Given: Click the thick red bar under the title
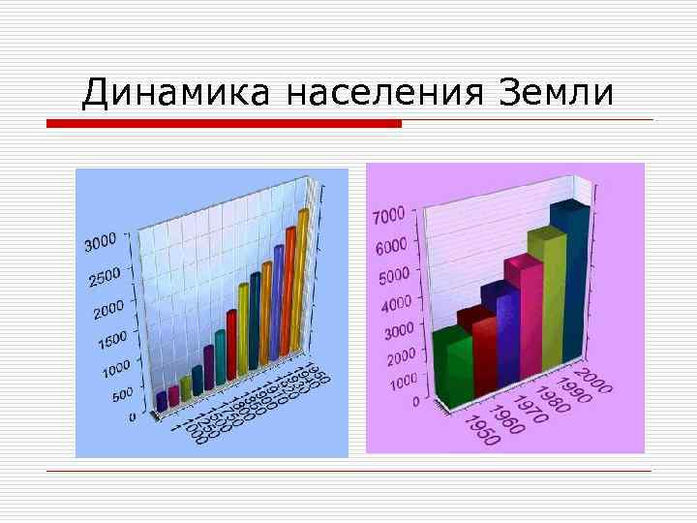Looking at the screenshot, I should pyautogui.click(x=225, y=124).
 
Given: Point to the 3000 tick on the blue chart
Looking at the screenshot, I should pyautogui.click(x=101, y=242).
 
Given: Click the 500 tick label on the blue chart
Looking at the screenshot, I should pyautogui.click(x=122, y=395).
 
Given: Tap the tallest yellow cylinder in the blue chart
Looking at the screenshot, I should pyautogui.click(x=303, y=281).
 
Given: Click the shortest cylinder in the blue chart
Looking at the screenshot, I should pyautogui.click(x=161, y=400).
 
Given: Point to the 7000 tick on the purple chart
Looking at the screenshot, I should pyautogui.click(x=391, y=215).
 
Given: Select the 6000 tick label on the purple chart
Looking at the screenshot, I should pyautogui.click(x=391, y=246).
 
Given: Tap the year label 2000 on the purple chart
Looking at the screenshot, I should pyautogui.click(x=592, y=380).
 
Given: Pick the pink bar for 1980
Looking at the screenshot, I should pyautogui.click(x=523, y=320).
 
